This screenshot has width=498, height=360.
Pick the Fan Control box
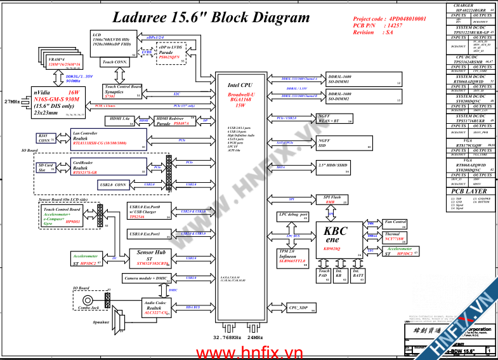tap(395, 223)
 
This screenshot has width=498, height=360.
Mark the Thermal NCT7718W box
tap(395, 237)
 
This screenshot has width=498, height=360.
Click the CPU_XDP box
tap(302, 308)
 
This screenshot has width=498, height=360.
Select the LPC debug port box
tap(292, 215)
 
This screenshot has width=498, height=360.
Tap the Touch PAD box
tap(324, 274)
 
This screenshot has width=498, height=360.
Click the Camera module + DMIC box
tap(147, 278)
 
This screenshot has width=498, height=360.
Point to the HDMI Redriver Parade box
tap(174, 121)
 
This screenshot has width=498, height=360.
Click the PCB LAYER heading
tap(469, 191)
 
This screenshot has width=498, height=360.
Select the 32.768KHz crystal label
tap(226, 337)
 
